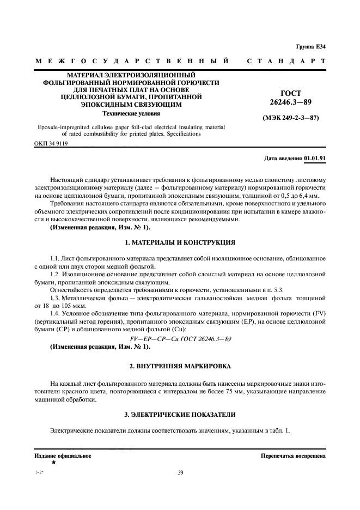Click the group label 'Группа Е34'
(x=310, y=46)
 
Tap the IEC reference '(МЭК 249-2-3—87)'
(x=290, y=118)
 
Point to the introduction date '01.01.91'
(x=315, y=158)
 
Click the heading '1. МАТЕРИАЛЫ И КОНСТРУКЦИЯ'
(x=180, y=241)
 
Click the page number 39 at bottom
(x=180, y=472)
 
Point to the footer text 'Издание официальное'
(x=63, y=455)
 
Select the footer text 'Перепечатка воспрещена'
(x=293, y=455)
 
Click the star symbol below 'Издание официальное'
(x=53, y=462)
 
